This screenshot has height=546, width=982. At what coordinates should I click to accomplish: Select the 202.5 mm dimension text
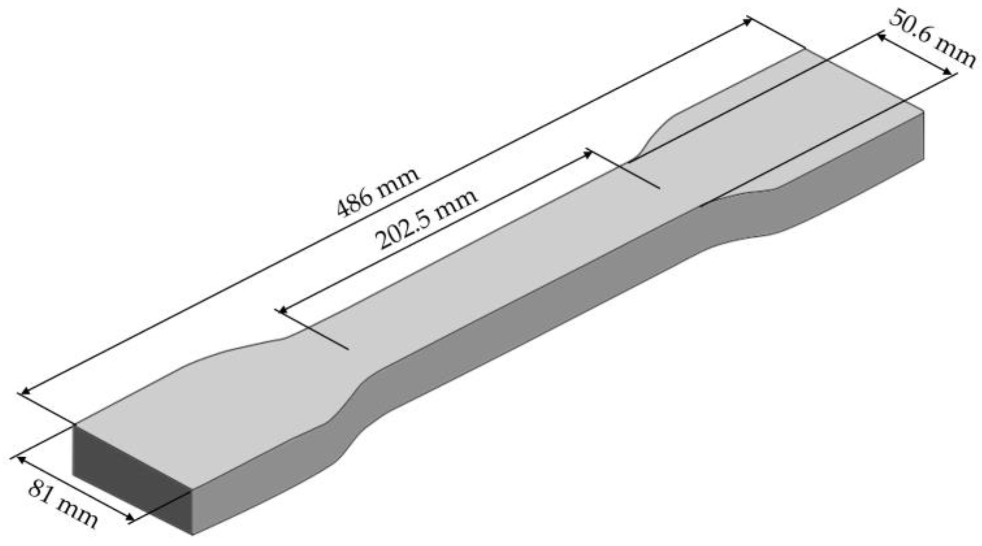pyautogui.click(x=427, y=219)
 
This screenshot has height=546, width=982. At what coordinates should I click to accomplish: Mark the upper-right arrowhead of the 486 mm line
pyautogui.click(x=748, y=21)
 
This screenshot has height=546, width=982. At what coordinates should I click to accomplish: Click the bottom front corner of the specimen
pyautogui.click(x=192, y=534)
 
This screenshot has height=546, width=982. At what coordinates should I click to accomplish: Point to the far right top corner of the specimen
pyautogui.click(x=923, y=112)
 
